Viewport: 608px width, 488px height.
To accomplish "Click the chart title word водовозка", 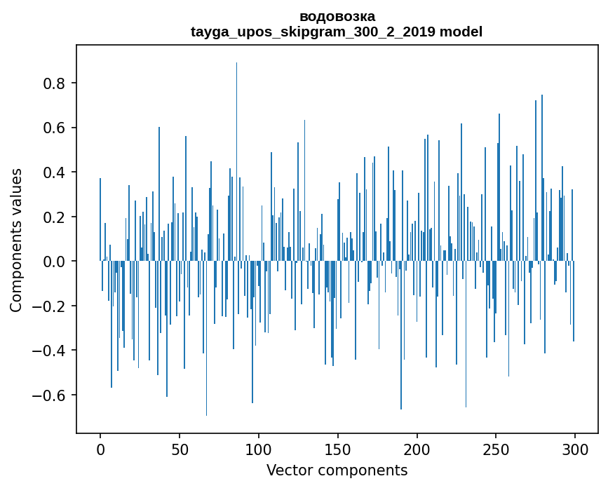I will (337, 16).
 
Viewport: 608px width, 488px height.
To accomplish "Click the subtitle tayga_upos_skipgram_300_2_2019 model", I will (337, 32).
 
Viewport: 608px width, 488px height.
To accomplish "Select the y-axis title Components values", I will (16, 240).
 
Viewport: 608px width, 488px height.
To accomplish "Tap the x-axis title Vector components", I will (337, 470).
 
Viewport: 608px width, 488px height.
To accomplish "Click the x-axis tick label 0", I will (100, 448).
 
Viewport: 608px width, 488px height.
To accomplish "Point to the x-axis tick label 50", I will (180, 448).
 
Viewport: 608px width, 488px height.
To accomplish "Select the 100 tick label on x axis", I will (259, 448).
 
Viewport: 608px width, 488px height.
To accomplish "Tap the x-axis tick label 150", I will (338, 448).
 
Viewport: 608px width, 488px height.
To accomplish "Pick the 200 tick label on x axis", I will (417, 448).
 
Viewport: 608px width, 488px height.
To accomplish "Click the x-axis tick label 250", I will (496, 448).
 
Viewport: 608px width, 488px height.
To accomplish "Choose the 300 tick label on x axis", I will (575, 448).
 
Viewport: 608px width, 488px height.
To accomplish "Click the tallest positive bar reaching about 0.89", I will (236, 161).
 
